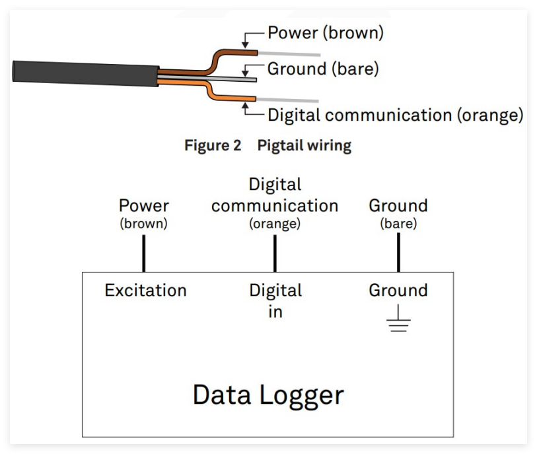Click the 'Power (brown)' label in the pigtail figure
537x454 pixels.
click(x=325, y=32)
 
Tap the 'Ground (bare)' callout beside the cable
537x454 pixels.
click(x=323, y=69)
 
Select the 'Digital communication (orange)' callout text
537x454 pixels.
click(x=395, y=115)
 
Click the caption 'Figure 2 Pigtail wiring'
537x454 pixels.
click(x=268, y=146)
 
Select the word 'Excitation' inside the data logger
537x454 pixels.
click(x=145, y=290)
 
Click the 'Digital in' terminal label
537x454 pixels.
click(x=275, y=300)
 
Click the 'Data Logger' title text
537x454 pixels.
click(x=268, y=395)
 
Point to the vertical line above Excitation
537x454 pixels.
click(x=143, y=252)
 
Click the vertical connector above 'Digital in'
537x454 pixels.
click(x=275, y=252)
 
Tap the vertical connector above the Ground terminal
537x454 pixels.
click(x=398, y=252)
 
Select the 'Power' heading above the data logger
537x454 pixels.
click(x=143, y=206)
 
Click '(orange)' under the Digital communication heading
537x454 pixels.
click(x=275, y=224)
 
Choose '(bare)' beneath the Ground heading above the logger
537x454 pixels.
click(x=398, y=224)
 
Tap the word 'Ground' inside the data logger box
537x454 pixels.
click(x=398, y=290)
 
